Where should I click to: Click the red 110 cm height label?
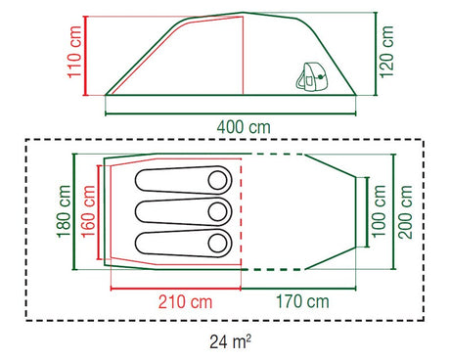pyautogui.click(x=74, y=52)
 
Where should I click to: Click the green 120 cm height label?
pyautogui.click(x=386, y=52)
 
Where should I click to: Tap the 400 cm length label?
pyautogui.click(x=244, y=127)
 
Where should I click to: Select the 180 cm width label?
pyautogui.click(x=64, y=211)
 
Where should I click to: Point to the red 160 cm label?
pyautogui.click(x=88, y=211)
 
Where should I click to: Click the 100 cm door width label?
pyautogui.click(x=379, y=211)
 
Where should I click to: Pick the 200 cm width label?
pyautogui.click(x=405, y=212)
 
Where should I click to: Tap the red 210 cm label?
pyautogui.click(x=185, y=301)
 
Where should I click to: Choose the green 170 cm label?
pyautogui.click(x=302, y=301)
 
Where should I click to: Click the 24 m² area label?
pyautogui.click(x=230, y=342)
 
